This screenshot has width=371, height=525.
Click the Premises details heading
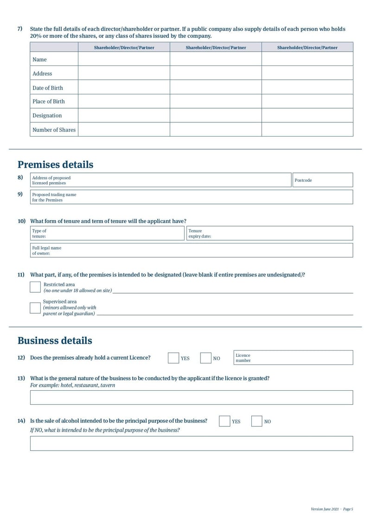(55, 164)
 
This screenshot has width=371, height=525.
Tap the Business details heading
(55, 341)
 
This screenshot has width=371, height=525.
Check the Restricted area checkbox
(35, 287)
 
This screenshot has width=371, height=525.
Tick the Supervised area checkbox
(35, 308)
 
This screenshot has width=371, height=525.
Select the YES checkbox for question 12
(173, 358)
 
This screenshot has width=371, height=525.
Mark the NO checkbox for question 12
(205, 358)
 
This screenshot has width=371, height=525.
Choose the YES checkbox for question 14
(224, 421)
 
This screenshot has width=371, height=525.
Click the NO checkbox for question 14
(256, 421)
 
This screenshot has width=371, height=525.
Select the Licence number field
(301, 358)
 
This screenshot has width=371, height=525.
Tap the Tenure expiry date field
(278, 233)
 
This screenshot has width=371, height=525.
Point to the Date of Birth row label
(48, 88)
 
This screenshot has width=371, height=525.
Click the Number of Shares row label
(54, 130)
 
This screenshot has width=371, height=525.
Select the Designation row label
(47, 115)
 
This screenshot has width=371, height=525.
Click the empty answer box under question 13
(191, 398)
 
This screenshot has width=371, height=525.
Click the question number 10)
(21, 221)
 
